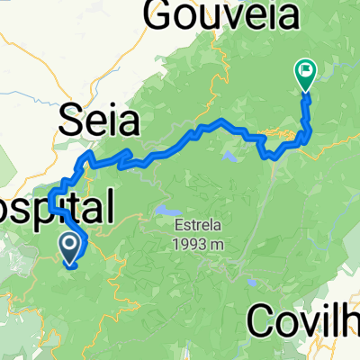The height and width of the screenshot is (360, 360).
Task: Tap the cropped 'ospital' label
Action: point(56,208)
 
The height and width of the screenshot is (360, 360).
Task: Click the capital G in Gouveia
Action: point(159,15)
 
